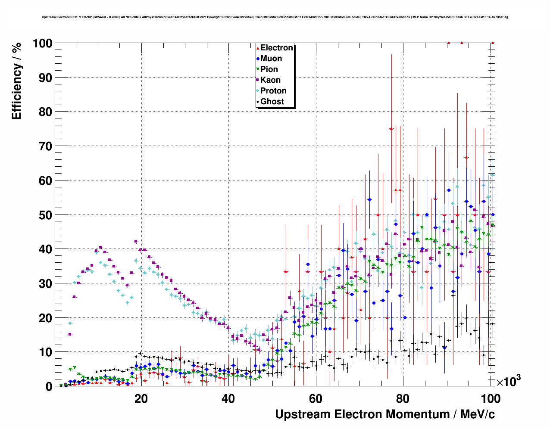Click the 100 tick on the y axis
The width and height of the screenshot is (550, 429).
[x=42, y=44]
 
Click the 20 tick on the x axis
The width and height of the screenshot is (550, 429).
[x=141, y=398]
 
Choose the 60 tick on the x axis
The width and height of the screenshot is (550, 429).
[x=316, y=398]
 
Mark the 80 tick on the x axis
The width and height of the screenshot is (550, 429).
[x=403, y=398]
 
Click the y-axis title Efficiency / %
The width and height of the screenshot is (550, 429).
[x=16, y=81]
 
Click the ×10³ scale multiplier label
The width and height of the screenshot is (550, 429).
[x=508, y=381]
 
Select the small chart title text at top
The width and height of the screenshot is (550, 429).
[x=275, y=17]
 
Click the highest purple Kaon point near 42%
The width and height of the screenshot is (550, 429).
[x=136, y=242]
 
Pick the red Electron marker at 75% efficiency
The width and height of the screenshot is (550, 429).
[x=391, y=128]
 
